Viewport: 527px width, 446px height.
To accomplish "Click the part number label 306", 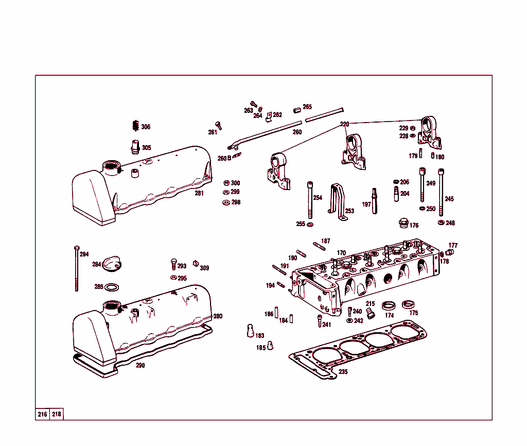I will click(146, 127).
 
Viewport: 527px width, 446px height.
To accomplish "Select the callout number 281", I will click(199, 194).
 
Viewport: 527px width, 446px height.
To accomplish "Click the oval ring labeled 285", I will click(114, 287).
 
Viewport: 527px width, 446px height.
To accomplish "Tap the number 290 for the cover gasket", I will click(140, 366).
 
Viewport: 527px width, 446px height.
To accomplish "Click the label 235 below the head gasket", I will click(343, 372).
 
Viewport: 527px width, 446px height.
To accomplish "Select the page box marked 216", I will click(42, 415).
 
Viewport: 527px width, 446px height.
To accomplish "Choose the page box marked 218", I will click(57, 415).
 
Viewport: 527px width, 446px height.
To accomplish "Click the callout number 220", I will click(344, 125).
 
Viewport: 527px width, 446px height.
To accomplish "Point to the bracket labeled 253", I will click(338, 201).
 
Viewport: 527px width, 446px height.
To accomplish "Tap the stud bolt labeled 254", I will click(310, 201).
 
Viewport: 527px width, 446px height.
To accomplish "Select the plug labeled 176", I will click(404, 224).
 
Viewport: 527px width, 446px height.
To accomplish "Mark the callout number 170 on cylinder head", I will click(341, 253).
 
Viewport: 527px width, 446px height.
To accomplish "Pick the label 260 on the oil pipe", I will click(297, 132).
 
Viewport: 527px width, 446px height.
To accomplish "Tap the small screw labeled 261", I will click(218, 125).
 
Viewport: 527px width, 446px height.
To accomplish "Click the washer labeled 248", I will click(441, 222).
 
